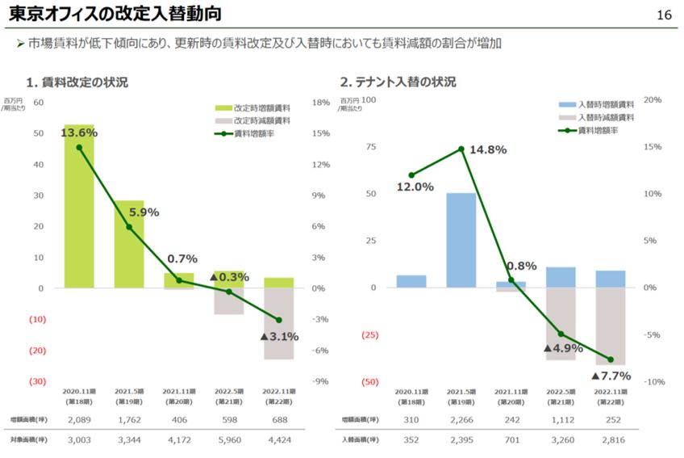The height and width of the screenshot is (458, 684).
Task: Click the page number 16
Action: coord(665,15)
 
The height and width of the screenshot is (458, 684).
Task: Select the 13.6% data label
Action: coord(78,132)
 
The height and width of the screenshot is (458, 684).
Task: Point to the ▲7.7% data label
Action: coord(611,376)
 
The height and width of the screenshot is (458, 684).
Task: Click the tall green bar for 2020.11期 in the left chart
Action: coord(79,206)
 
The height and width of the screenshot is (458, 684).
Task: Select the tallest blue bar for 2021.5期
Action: coord(461,240)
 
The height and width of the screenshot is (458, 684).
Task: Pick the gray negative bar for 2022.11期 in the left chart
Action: coord(278,323)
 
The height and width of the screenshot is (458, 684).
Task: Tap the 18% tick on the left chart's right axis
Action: coord(320,103)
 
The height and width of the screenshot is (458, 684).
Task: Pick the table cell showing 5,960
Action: coord(228,440)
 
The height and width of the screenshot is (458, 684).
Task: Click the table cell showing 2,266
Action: coord(461,419)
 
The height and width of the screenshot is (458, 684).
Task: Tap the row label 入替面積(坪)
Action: coord(357,440)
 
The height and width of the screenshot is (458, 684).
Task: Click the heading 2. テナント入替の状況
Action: coord(398,82)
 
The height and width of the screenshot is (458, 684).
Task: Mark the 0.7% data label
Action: coord(182,259)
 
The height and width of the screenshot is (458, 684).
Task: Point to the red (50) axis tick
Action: coord(369,381)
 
